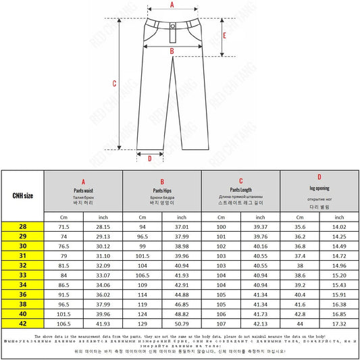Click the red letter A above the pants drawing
(x=172, y=5)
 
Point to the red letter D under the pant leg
(x=149, y=159)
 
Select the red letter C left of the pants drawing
(x=114, y=84)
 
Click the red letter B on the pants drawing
(x=172, y=51)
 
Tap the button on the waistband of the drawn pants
(x=172, y=26)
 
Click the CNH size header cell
(x=23, y=196)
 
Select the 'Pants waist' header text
(x=83, y=191)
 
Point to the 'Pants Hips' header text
(x=162, y=191)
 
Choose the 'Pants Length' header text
(x=240, y=190)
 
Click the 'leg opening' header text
(x=319, y=188)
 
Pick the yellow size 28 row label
(x=23, y=228)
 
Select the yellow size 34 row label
(x=23, y=286)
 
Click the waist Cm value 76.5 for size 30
(x=63, y=247)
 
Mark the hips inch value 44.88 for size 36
(x=182, y=295)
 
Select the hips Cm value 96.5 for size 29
(x=143, y=238)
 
